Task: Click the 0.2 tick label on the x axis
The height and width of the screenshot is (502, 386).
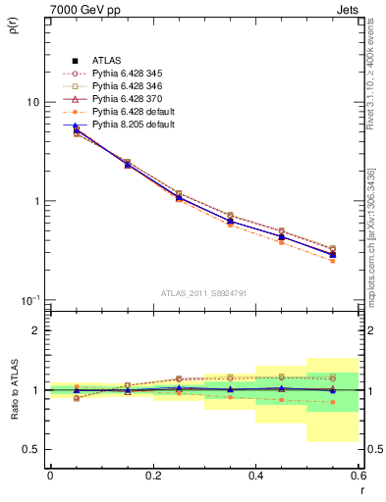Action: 152,476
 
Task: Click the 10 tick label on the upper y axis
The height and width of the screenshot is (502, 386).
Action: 32,103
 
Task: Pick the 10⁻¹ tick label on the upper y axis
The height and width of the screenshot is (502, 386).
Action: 30,298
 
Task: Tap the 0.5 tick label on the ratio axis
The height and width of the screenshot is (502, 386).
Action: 30,450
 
